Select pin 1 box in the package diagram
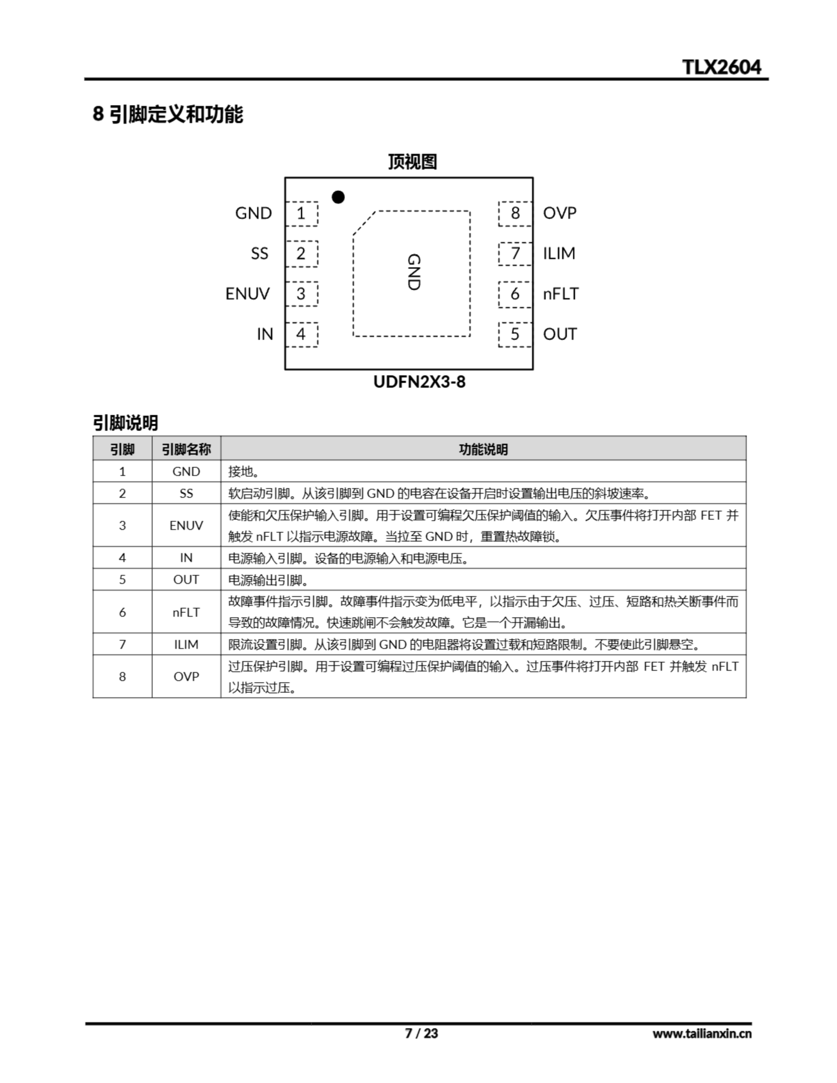pyautogui.click(x=301, y=213)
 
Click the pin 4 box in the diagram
pyautogui.click(x=301, y=334)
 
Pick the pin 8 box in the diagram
pyautogui.click(x=515, y=213)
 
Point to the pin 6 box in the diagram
pyautogui.click(x=515, y=294)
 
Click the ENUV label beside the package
pyautogui.click(x=247, y=294)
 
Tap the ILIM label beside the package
pyautogui.click(x=559, y=253)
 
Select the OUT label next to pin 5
pyautogui.click(x=560, y=334)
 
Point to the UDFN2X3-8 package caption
pyautogui.click(x=419, y=382)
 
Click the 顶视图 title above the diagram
pyautogui.click(x=412, y=162)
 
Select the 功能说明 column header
pyautogui.click(x=483, y=449)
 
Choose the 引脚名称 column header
pyautogui.click(x=186, y=449)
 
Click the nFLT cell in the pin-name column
pyautogui.click(x=186, y=613)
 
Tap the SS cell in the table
pyautogui.click(x=186, y=493)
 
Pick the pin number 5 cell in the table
pyautogui.click(x=122, y=580)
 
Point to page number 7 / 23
pyautogui.click(x=421, y=1034)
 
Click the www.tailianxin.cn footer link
pyautogui.click(x=702, y=1034)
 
